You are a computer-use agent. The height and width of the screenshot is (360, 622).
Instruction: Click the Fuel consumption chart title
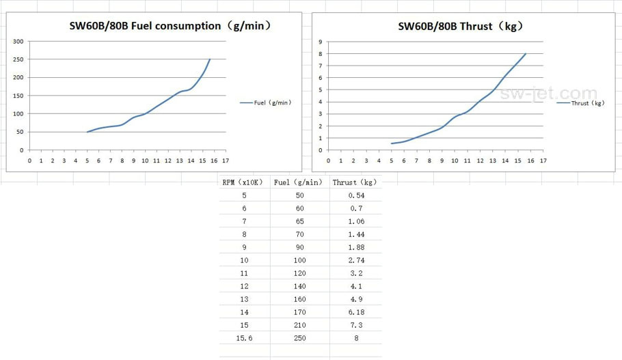171,27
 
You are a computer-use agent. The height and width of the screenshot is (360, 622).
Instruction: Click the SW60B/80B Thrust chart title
461,27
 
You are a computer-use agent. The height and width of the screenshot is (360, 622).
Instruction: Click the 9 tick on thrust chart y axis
320,42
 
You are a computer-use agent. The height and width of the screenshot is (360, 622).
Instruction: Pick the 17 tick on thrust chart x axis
543,161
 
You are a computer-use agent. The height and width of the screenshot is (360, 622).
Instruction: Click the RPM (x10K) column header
244,182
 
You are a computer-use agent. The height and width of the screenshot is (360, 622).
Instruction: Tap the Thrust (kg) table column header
354,182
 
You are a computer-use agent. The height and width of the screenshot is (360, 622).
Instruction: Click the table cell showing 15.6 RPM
244,338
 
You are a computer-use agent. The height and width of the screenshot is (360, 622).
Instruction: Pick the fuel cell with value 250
299,338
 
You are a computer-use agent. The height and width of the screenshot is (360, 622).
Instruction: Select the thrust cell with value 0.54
355,195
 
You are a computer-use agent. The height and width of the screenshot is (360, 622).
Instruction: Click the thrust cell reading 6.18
355,312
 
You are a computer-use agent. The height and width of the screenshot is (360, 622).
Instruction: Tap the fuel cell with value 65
299,221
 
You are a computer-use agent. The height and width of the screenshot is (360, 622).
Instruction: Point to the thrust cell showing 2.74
355,260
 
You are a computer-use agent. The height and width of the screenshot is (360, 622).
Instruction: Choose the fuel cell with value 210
299,325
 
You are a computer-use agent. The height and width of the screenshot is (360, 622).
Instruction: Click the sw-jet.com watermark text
548,94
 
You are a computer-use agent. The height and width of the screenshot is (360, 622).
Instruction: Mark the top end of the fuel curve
210,59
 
